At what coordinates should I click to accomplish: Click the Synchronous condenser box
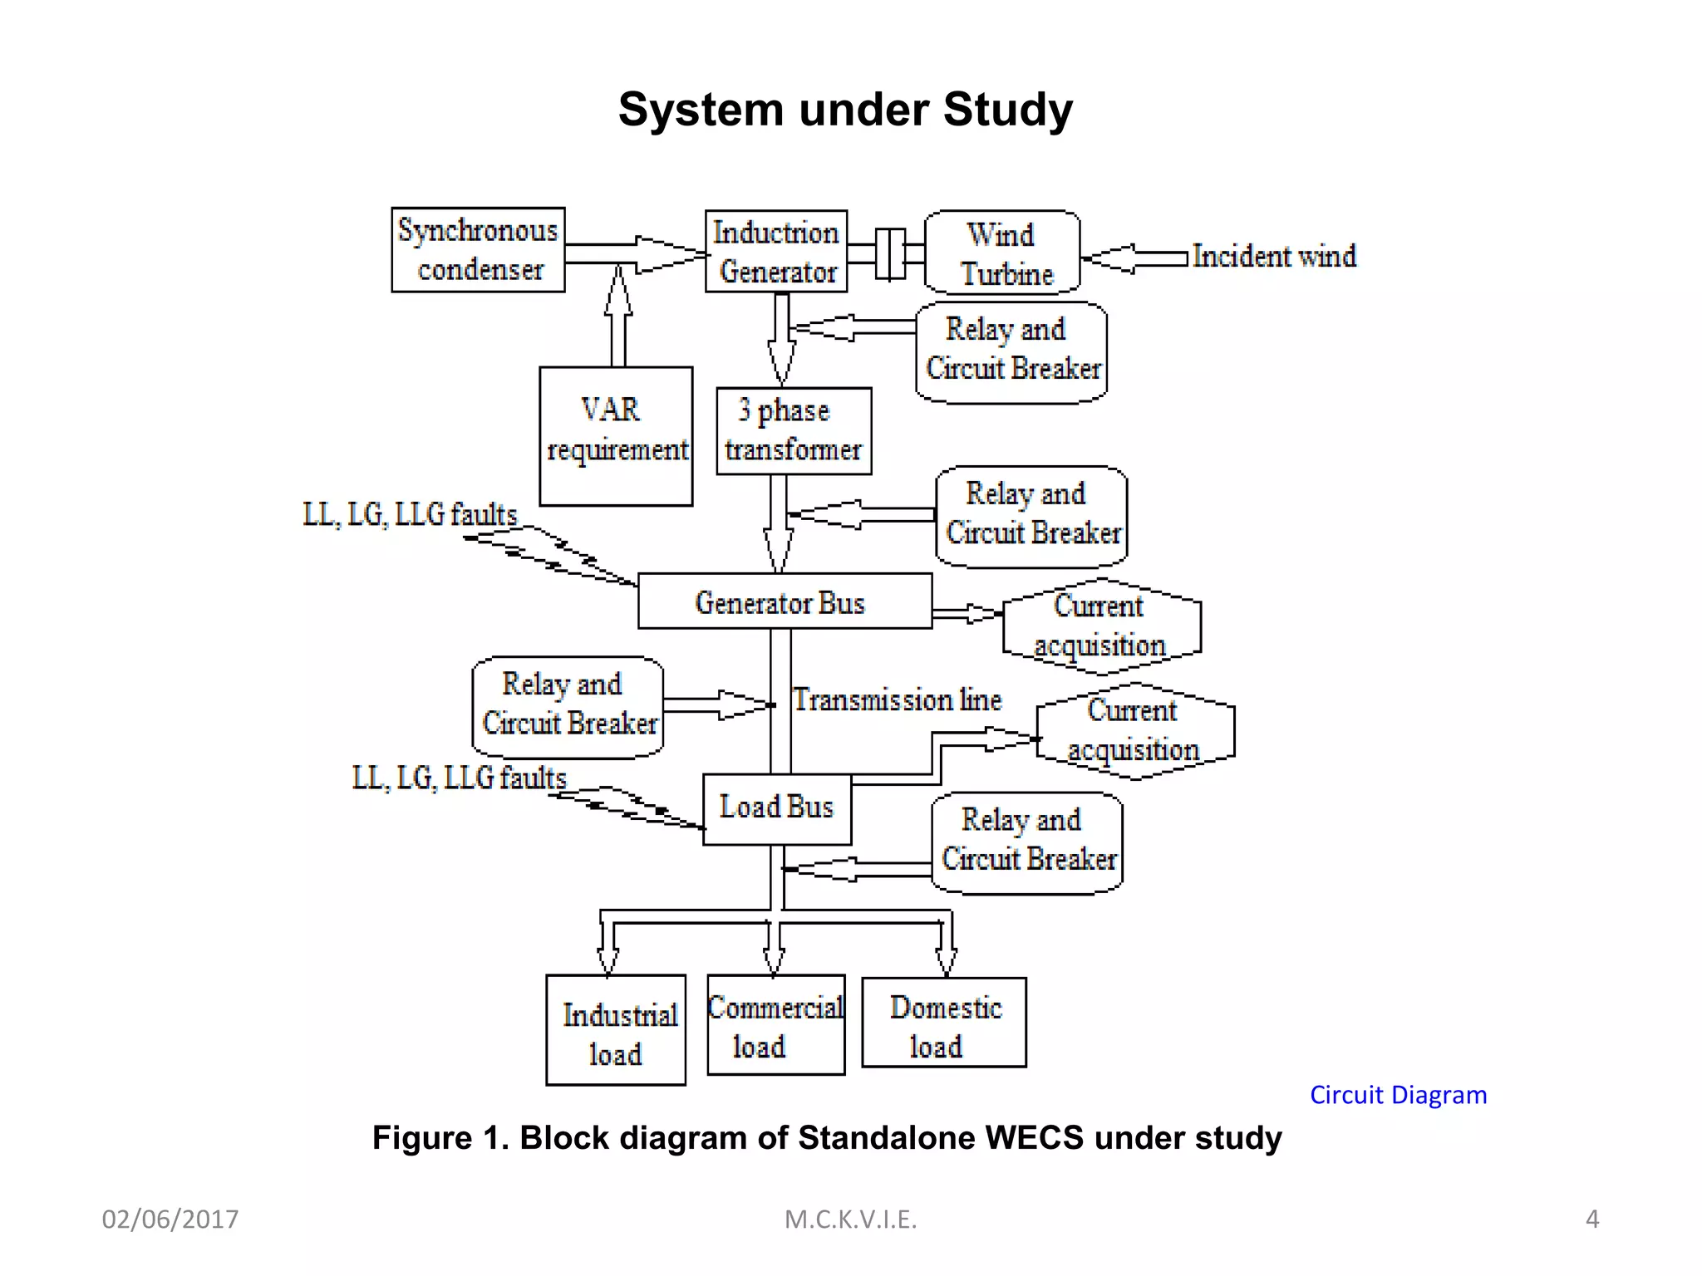[x=478, y=249]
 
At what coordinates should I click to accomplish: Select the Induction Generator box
[x=776, y=251]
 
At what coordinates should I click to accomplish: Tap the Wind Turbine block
[x=1001, y=253]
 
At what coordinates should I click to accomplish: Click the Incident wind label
[x=1273, y=256]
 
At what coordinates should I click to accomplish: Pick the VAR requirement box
[x=616, y=436]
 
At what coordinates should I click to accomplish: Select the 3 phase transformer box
[x=794, y=430]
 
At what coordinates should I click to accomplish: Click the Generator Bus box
[x=784, y=601]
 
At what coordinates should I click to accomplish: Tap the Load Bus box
[x=776, y=809]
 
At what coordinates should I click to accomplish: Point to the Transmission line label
[x=897, y=699]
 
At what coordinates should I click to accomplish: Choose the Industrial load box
[x=616, y=1030]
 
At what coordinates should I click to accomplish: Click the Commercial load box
[x=775, y=1025]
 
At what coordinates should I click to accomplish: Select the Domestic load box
[x=943, y=1023]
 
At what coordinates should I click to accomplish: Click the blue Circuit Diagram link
[x=1398, y=1095]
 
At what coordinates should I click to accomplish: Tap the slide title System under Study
[x=845, y=110]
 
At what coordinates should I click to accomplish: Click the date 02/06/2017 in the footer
[x=170, y=1220]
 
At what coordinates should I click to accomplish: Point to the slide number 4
[x=1591, y=1219]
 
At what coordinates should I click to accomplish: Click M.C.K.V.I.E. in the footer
[x=850, y=1220]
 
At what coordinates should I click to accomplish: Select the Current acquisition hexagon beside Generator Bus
[x=1101, y=626]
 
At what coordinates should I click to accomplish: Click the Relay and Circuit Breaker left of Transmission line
[x=568, y=706]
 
